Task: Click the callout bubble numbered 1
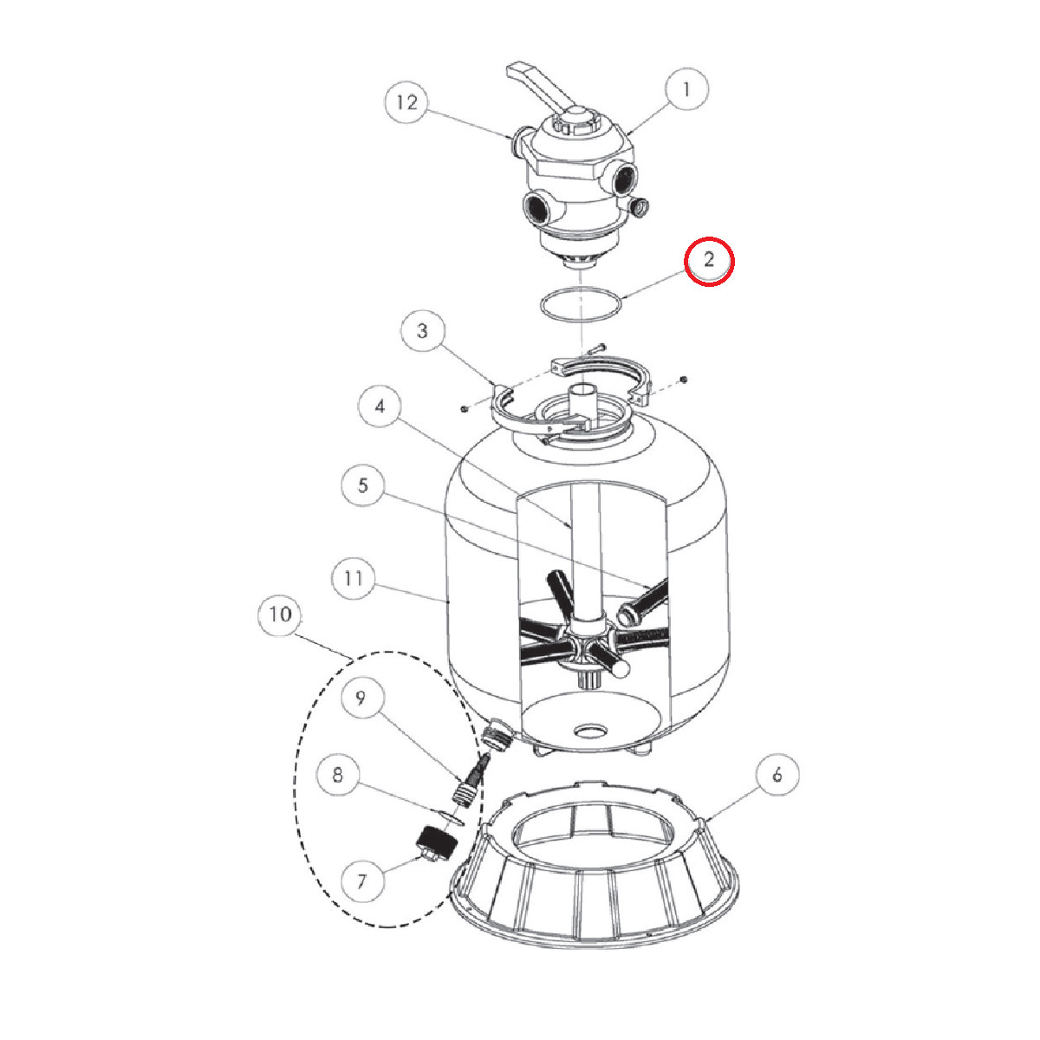pyautogui.click(x=686, y=89)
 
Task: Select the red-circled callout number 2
pyautogui.click(x=709, y=261)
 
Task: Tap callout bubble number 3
pyautogui.click(x=423, y=330)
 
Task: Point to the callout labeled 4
pyautogui.click(x=380, y=406)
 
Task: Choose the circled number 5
pyautogui.click(x=363, y=484)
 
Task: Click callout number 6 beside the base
pyautogui.click(x=777, y=775)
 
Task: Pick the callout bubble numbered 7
pyautogui.click(x=362, y=881)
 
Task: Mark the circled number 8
pyautogui.click(x=338, y=775)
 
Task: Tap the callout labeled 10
pyautogui.click(x=281, y=614)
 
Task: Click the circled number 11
pyautogui.click(x=354, y=579)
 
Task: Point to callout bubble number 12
pyautogui.click(x=407, y=102)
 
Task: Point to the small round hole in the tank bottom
pyautogui.click(x=591, y=732)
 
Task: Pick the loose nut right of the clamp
pyautogui.click(x=684, y=380)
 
